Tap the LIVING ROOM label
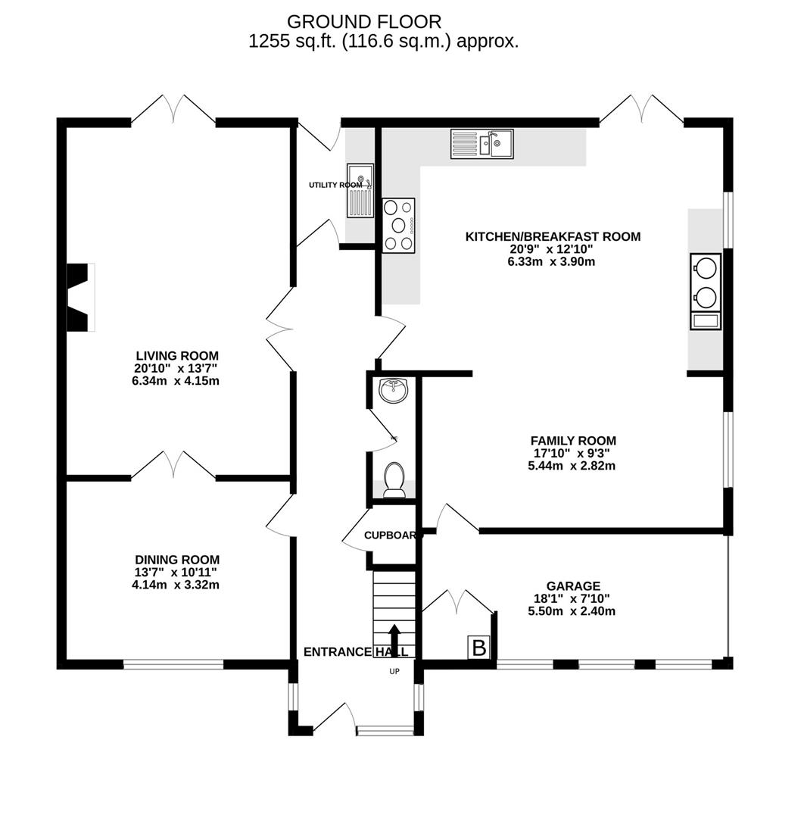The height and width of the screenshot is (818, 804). (x=177, y=355)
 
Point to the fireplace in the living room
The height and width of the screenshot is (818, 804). (x=79, y=297)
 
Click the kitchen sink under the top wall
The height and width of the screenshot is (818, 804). (x=481, y=143)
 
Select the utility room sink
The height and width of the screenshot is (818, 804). (x=360, y=189)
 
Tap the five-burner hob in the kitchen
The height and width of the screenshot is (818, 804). (x=399, y=224)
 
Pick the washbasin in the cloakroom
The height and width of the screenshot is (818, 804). (x=393, y=390)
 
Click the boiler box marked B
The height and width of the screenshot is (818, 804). (x=478, y=648)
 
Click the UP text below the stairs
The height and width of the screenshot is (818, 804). (x=394, y=671)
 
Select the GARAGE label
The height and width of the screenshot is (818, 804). (x=573, y=585)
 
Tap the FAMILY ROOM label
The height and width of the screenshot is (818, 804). (x=572, y=440)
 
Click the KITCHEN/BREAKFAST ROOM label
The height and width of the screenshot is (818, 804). (x=553, y=236)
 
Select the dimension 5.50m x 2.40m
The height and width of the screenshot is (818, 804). (x=572, y=610)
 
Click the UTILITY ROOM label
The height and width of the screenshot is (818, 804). (x=335, y=185)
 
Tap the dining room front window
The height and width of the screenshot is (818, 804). (x=173, y=664)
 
